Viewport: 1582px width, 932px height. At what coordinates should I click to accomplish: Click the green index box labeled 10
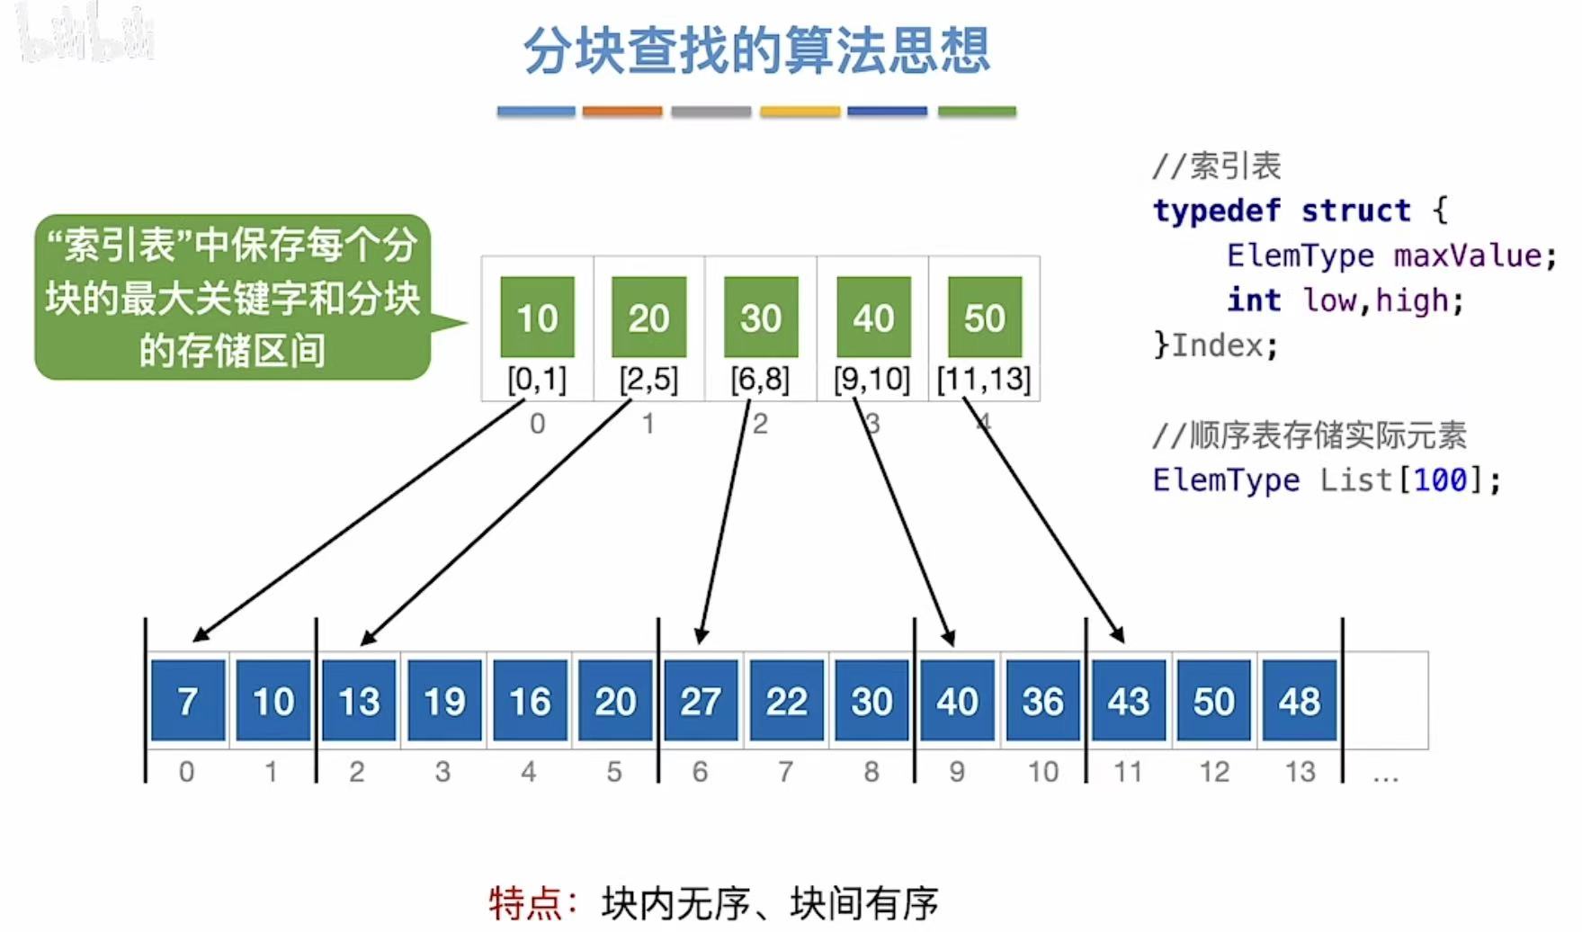click(x=537, y=317)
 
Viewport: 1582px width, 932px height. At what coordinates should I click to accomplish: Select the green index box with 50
click(x=985, y=317)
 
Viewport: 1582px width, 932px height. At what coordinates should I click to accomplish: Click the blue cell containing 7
click(x=188, y=701)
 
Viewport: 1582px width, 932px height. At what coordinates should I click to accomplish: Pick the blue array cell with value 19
click(x=444, y=701)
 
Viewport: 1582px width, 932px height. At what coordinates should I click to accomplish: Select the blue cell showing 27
click(x=701, y=701)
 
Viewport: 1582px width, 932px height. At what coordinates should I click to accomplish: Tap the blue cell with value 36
click(x=1042, y=701)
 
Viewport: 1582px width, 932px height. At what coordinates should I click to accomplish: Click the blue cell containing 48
click(x=1299, y=701)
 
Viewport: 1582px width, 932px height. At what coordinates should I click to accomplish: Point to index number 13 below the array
click(x=1300, y=771)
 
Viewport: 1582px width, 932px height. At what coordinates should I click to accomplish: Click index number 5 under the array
click(x=614, y=771)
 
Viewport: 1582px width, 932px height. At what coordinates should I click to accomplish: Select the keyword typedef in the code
click(x=1217, y=211)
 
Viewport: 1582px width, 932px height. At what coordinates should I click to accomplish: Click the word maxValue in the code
click(x=1467, y=255)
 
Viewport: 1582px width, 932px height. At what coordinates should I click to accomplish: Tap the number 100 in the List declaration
click(x=1440, y=479)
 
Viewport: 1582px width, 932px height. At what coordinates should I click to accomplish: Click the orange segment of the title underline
click(x=621, y=112)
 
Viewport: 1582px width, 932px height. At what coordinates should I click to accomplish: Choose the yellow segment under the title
click(x=800, y=112)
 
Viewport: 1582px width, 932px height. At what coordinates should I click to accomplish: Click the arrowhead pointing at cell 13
click(x=366, y=639)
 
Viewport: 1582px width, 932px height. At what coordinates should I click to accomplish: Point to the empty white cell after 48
click(x=1385, y=701)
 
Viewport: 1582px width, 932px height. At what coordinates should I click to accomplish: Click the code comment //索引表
click(x=1216, y=166)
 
